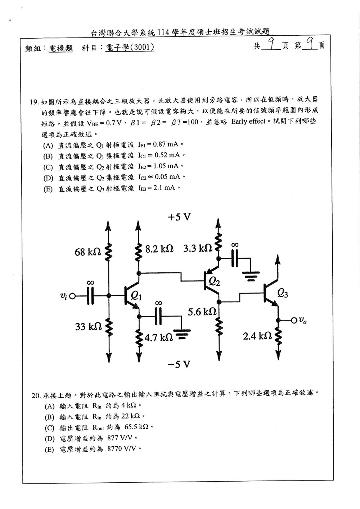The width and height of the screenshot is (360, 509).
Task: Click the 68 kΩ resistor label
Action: click(88, 252)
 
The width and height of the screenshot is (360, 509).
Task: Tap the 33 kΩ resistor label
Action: click(88, 327)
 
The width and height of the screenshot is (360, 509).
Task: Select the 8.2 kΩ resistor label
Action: click(159, 249)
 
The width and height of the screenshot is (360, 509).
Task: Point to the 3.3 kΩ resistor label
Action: click(198, 248)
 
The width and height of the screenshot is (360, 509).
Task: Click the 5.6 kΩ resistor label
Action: click(202, 312)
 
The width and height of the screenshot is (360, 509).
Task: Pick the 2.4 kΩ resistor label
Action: click(257, 336)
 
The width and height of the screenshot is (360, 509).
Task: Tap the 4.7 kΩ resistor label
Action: click(159, 338)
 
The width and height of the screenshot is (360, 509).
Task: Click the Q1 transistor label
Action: click(136, 296)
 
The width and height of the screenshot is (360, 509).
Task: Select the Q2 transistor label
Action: click(214, 282)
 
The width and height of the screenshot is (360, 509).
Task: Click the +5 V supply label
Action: click(179, 217)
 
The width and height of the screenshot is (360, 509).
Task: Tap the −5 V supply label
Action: click(179, 365)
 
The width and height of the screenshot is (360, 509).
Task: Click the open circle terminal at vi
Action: click(72, 296)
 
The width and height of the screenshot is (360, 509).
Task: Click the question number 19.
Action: click(35, 102)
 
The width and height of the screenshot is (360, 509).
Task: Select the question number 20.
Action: click(36, 396)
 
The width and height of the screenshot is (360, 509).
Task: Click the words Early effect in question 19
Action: click(248, 121)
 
